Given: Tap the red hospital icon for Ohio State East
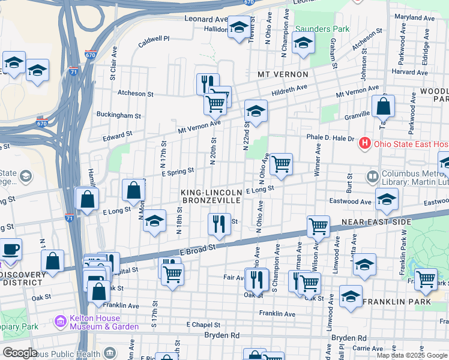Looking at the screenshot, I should [364, 143].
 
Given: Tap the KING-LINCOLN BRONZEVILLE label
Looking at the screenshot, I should [212, 196].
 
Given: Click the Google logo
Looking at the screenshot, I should [20, 353].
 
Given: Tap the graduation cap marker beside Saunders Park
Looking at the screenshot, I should [303, 43].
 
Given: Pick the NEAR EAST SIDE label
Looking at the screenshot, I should [376, 222].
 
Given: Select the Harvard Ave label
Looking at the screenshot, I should [409, 71].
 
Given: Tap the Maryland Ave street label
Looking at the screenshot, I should [414, 18].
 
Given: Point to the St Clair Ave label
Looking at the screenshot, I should [112, 68].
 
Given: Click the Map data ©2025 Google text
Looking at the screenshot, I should [412, 355].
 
